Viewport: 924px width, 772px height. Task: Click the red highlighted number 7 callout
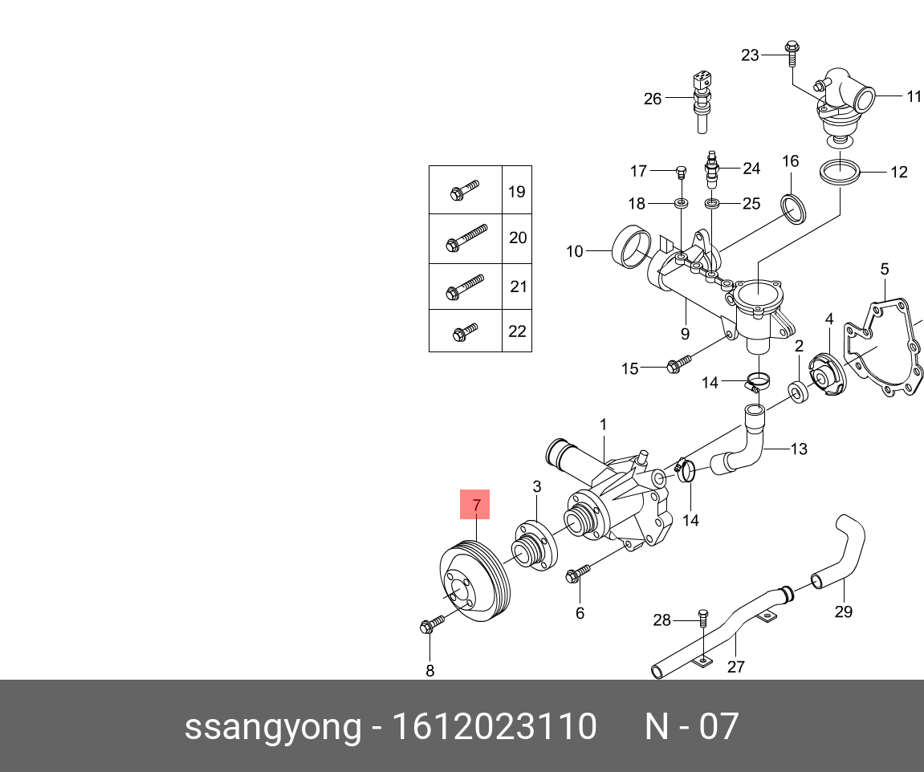click(474, 505)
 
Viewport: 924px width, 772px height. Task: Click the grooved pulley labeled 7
click(477, 587)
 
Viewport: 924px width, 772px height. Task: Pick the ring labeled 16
click(793, 209)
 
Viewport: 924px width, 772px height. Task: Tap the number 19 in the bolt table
click(516, 191)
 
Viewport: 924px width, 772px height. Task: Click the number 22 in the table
click(517, 331)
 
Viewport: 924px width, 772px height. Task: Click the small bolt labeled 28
click(703, 618)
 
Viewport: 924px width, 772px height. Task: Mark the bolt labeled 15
click(678, 365)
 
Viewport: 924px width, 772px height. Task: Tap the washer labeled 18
click(681, 203)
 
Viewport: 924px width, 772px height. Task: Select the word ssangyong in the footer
click(273, 727)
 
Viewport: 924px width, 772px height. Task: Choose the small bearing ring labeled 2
click(799, 392)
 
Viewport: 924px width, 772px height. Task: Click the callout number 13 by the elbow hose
click(799, 449)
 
